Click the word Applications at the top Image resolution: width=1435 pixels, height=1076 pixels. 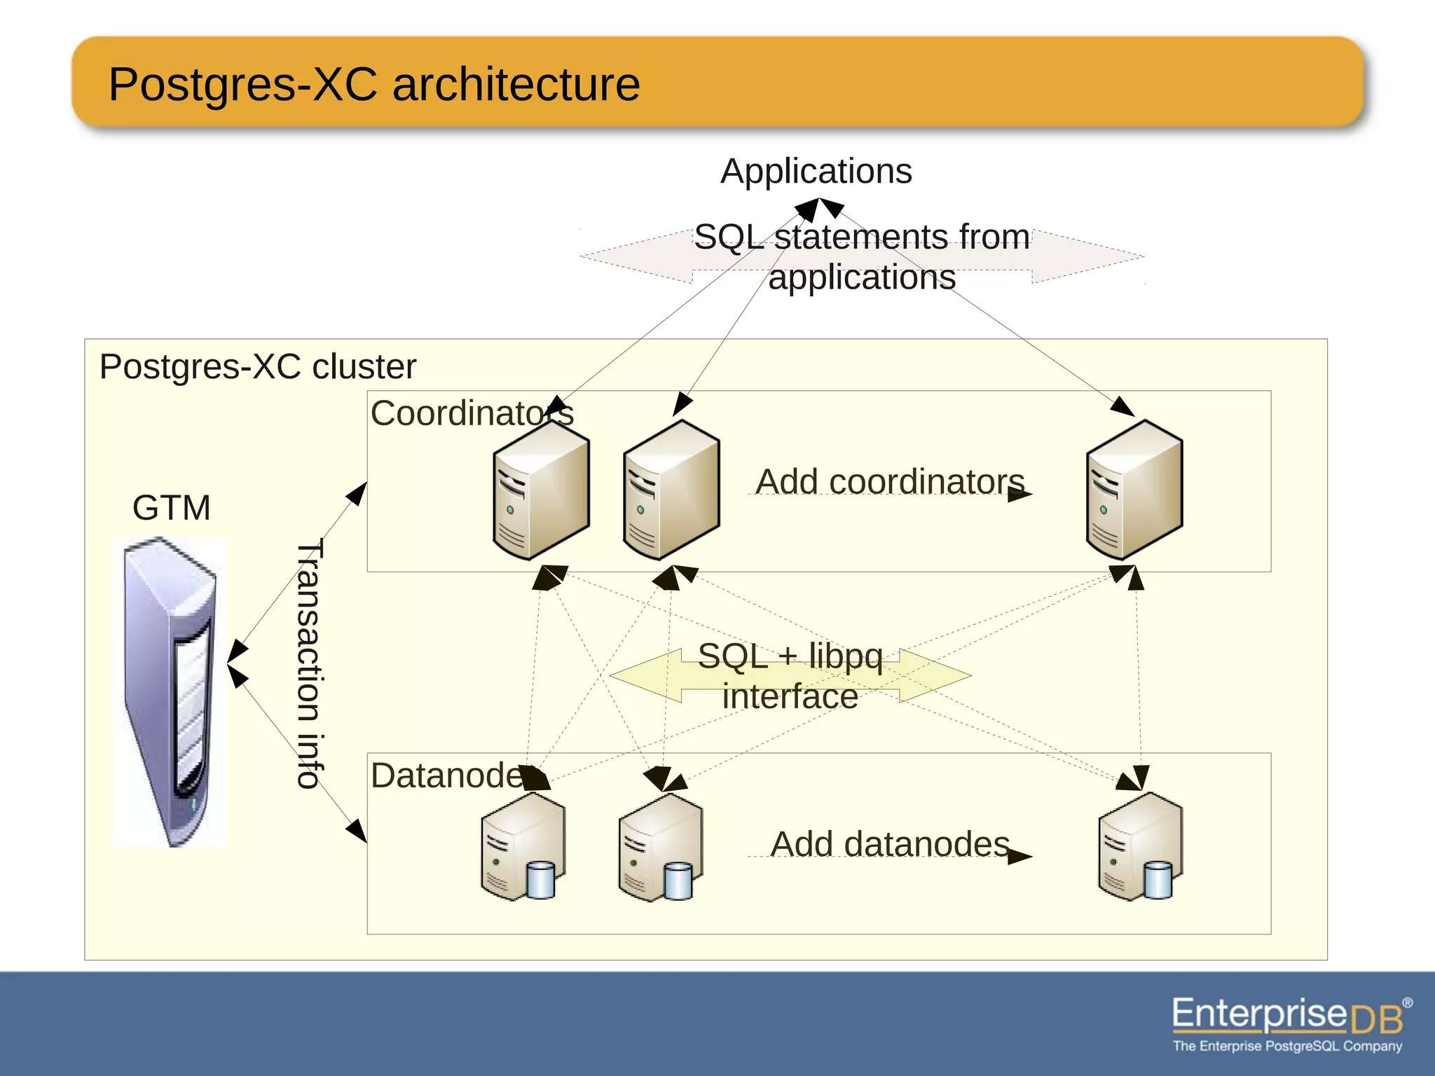point(816,172)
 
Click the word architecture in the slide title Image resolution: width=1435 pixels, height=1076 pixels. point(516,85)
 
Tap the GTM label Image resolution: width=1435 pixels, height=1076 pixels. point(171,507)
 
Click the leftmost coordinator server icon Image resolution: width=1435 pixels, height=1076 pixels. point(540,490)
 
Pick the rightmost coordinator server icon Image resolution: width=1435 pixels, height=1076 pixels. point(1134,490)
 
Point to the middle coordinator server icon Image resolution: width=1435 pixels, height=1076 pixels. point(671,490)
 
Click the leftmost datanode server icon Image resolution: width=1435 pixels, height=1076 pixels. point(522,848)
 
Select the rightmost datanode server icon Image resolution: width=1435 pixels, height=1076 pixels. point(1139,848)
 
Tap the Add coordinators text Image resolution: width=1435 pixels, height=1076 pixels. point(890,482)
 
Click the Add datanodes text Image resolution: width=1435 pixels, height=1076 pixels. point(890,844)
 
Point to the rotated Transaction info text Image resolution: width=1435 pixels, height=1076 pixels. point(309,663)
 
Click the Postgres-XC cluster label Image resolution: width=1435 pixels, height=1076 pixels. point(258,366)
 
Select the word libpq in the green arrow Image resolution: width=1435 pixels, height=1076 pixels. point(845,656)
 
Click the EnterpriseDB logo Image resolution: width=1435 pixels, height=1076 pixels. point(1288,1016)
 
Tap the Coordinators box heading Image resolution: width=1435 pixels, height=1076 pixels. point(472,413)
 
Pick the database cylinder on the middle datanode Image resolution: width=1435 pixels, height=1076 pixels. point(678,881)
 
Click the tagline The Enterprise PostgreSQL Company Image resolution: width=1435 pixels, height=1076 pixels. point(1288,1046)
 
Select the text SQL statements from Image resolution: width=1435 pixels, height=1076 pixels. point(862,237)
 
